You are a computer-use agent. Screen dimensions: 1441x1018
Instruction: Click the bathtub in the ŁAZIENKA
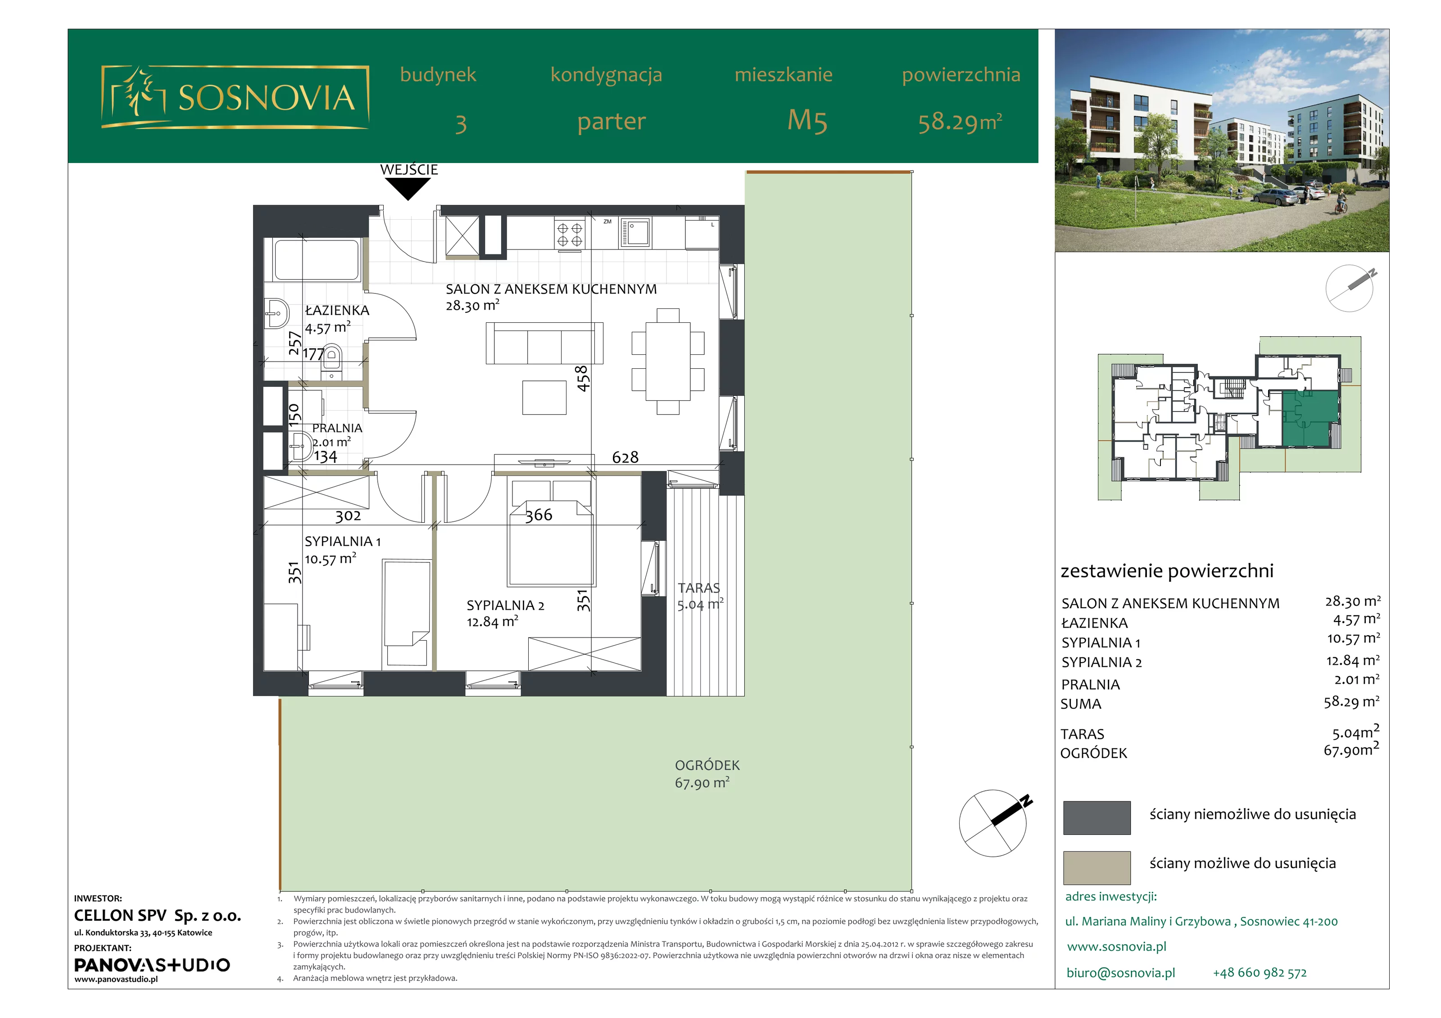click(x=316, y=260)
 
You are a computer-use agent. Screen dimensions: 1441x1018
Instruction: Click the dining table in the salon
click(x=668, y=361)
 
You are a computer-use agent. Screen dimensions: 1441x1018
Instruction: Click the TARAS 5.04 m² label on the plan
click(x=700, y=596)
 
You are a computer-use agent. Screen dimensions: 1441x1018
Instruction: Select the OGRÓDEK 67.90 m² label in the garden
click(x=706, y=774)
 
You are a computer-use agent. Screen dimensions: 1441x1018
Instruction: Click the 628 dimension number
click(x=625, y=457)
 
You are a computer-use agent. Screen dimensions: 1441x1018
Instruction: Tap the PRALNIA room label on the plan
click(x=337, y=428)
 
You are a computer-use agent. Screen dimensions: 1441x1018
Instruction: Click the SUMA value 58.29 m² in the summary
click(x=1351, y=701)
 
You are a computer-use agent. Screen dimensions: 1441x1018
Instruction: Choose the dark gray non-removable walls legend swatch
click(x=1097, y=817)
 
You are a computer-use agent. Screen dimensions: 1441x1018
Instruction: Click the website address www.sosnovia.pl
click(x=1116, y=946)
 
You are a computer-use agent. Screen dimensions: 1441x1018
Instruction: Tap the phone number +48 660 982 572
click(x=1260, y=973)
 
